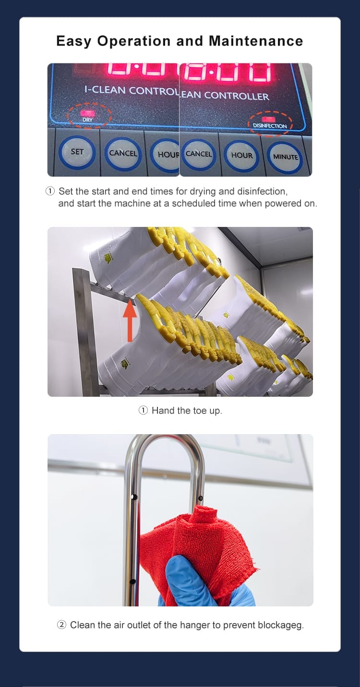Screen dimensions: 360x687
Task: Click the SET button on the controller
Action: (77, 152)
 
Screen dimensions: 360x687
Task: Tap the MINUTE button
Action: (286, 157)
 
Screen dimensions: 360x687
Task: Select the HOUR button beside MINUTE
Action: (242, 155)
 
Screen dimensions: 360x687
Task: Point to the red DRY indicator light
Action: (87, 113)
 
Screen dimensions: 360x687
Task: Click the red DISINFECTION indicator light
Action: (269, 118)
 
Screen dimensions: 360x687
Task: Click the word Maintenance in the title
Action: (256, 41)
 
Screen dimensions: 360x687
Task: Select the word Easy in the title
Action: (74, 41)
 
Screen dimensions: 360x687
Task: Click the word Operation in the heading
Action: (134, 41)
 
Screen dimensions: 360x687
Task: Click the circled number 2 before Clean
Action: (62, 625)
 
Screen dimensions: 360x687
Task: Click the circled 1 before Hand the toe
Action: (143, 410)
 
